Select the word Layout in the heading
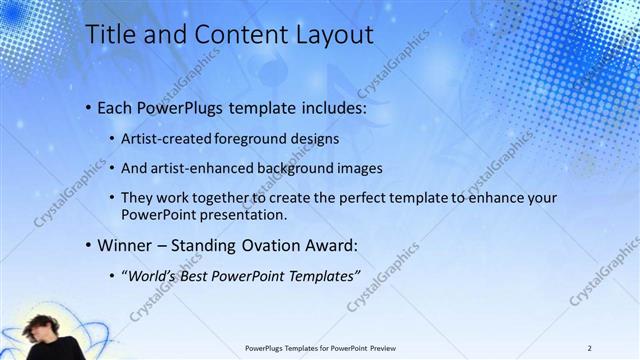(326, 34)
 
